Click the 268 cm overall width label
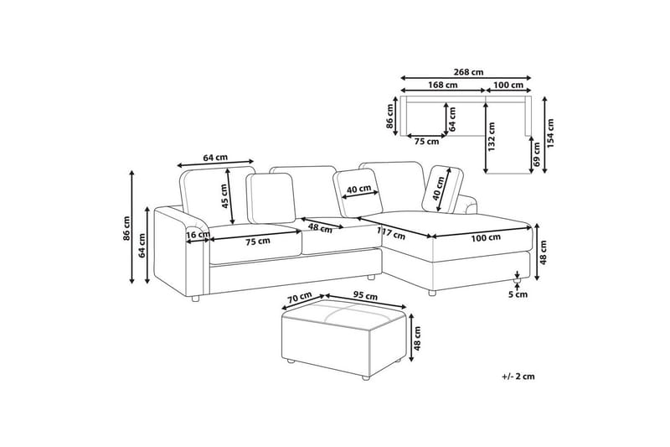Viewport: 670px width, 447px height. coord(469,72)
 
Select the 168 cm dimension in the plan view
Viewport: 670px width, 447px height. coord(443,85)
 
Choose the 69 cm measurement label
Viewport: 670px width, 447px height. coord(537,154)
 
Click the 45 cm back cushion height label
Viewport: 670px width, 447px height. coord(224,195)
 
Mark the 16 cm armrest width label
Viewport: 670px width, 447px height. coord(198,235)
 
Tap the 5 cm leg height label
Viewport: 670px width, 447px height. coord(518,294)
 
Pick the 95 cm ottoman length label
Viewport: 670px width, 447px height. coord(365,296)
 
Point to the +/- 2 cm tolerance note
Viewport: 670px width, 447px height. coord(518,377)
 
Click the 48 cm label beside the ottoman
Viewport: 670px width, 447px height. coord(417,338)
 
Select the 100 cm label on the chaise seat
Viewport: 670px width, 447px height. coord(486,238)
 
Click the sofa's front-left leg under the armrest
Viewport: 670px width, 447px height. coord(195,299)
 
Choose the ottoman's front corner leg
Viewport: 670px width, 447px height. coord(364,377)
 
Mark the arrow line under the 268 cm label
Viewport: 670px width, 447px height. coord(466,78)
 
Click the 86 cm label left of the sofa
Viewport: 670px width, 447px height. coord(126,228)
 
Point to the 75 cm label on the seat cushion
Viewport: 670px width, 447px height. coord(258,242)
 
